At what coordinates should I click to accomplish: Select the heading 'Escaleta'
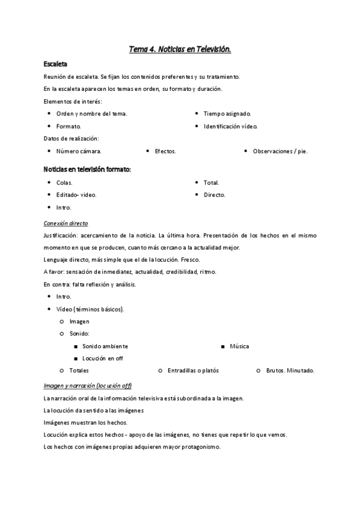pyautogui.click(x=55, y=64)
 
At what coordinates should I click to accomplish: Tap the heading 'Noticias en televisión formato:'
pyautogui.click(x=87, y=170)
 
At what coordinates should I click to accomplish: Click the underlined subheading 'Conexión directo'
pyautogui.click(x=66, y=223)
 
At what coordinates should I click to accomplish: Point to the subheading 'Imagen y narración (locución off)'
pyautogui.click(x=88, y=386)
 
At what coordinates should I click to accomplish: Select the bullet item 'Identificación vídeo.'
pyautogui.click(x=230, y=126)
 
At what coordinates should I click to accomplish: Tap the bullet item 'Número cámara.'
pyautogui.click(x=78, y=152)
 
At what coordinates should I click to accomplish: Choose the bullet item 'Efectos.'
pyautogui.click(x=165, y=152)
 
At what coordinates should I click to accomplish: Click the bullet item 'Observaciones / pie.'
pyautogui.click(x=280, y=152)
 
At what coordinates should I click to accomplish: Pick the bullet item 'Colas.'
pyautogui.click(x=64, y=183)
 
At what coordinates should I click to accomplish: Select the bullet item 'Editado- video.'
pyautogui.click(x=76, y=195)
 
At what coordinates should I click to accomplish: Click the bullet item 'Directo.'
pyautogui.click(x=215, y=195)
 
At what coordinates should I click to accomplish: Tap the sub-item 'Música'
pyautogui.click(x=239, y=346)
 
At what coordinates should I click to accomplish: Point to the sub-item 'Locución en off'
pyautogui.click(x=103, y=358)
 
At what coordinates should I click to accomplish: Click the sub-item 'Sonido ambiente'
pyautogui.click(x=105, y=346)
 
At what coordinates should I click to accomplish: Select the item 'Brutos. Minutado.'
pyautogui.click(x=290, y=370)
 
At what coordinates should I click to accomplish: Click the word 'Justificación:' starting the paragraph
pyautogui.click(x=62, y=235)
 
